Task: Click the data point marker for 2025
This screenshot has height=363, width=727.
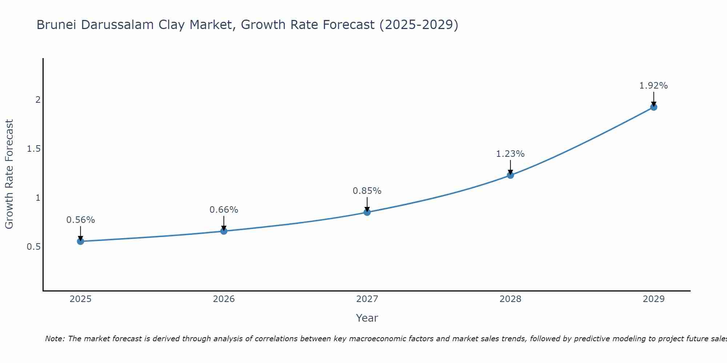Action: [x=81, y=241]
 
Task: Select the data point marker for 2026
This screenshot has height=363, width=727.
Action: [x=224, y=231]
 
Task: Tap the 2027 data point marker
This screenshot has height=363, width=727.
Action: [x=367, y=212]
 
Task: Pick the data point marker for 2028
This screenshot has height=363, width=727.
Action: [x=510, y=175]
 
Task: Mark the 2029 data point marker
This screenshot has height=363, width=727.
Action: [x=654, y=107]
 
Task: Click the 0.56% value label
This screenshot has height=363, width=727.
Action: [x=81, y=220]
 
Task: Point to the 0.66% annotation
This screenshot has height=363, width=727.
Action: [x=224, y=210]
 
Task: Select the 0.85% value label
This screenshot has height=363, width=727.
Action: [x=367, y=191]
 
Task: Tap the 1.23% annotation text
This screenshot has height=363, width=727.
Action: [x=510, y=154]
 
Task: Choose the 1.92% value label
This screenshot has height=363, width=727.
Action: [x=654, y=86]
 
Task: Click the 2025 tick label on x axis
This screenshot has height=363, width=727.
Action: [x=81, y=299]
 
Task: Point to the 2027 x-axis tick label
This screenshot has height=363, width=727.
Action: [x=367, y=299]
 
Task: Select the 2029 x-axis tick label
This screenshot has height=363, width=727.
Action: [x=654, y=299]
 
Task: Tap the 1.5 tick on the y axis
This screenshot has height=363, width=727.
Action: [x=33, y=149]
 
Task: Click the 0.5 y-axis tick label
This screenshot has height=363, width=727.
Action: [x=33, y=247]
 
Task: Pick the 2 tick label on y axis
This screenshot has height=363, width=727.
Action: [x=38, y=99]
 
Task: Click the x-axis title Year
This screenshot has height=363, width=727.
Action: [x=367, y=318]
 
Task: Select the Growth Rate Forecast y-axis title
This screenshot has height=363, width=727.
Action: [x=9, y=174]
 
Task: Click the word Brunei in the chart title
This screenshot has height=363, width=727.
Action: [x=57, y=25]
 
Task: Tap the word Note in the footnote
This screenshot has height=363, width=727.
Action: [x=55, y=339]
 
